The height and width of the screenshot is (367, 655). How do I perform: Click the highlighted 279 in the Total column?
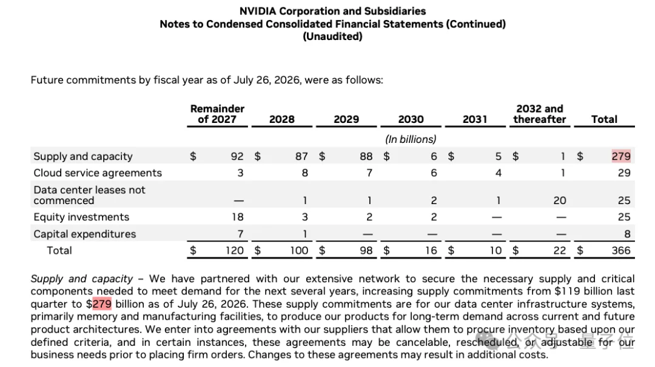pos(621,156)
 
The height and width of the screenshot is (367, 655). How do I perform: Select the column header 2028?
pos(282,119)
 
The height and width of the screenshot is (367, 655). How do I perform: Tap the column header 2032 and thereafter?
pos(540,114)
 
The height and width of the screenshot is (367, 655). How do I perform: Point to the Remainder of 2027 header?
pos(217,114)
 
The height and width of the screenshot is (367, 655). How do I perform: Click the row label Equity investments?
pos(81,217)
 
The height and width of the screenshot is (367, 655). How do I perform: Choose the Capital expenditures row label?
pos(85,234)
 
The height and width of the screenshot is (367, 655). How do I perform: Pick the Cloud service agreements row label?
pos(98,173)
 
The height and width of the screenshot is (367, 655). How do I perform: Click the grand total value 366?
pos(621,250)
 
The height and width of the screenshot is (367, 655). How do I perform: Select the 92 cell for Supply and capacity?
pos(237,156)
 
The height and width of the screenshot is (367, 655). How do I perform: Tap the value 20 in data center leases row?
pos(560,200)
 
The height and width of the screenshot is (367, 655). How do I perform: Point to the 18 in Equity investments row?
pos(237,217)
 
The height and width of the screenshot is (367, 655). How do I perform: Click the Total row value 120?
pos(234,250)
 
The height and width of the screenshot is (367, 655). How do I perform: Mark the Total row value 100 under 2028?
pos(299,250)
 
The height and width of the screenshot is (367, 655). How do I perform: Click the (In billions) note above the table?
pos(411,139)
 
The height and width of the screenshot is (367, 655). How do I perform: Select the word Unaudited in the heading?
pos(332,37)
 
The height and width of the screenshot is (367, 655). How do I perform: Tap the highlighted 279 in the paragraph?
pos(102,303)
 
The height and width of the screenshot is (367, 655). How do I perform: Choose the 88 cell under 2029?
pos(366,156)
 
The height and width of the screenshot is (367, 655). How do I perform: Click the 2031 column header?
pos(475,119)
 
